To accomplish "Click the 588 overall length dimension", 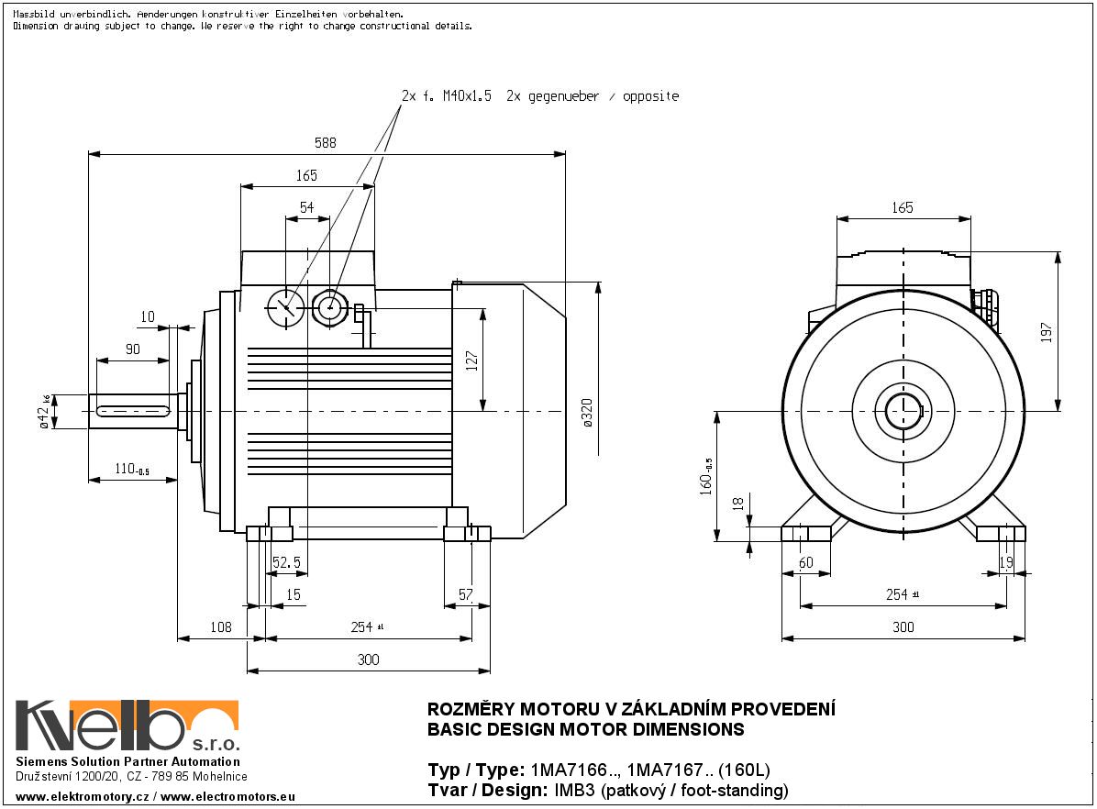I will point(325,142).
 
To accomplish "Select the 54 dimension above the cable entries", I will point(306,208).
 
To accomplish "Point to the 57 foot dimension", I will point(465,594).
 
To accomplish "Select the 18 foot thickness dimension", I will point(737,503).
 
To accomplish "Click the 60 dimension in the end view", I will point(806,562).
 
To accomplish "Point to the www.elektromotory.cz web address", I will point(83,798).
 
